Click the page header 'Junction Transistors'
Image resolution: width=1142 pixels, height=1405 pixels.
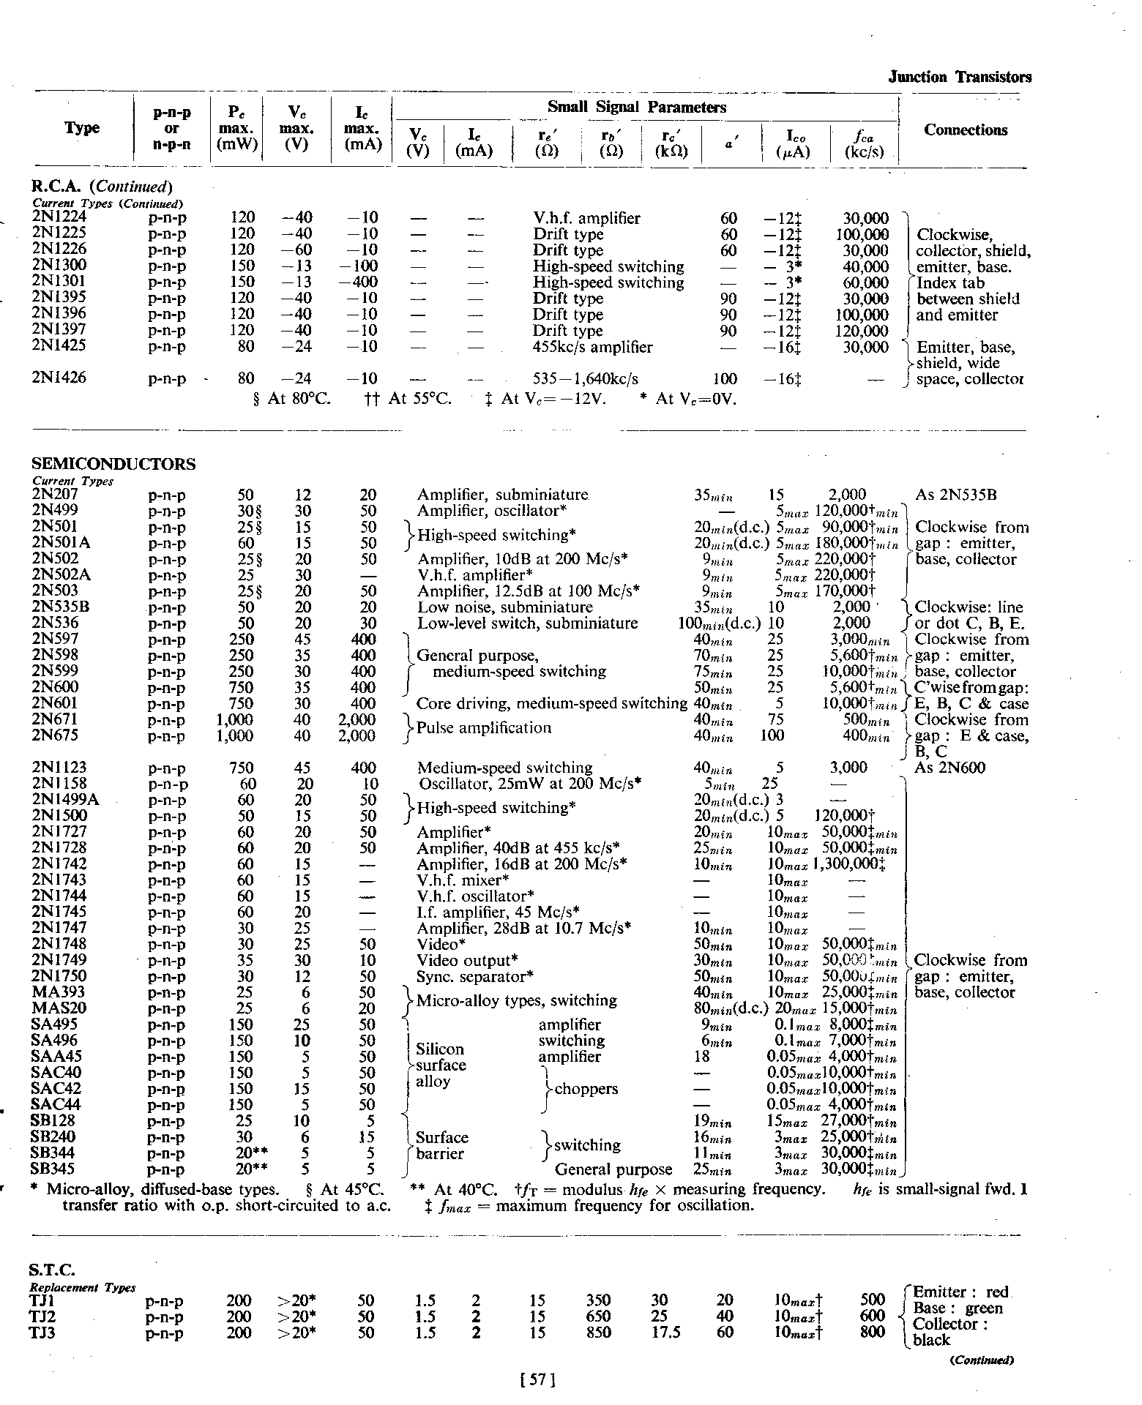[959, 77]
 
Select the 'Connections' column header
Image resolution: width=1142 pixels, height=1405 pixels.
[965, 130]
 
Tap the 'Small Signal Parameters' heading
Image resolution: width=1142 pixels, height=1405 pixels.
[637, 108]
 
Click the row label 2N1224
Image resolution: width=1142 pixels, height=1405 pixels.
[59, 217]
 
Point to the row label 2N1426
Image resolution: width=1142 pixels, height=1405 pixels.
[59, 378]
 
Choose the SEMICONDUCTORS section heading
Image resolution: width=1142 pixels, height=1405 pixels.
[113, 464]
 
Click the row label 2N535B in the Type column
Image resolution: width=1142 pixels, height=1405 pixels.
[63, 607]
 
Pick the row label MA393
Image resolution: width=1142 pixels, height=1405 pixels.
[58, 992]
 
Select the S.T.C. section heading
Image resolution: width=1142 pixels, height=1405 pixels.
[53, 1270]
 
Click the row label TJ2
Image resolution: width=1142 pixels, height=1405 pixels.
[43, 1316]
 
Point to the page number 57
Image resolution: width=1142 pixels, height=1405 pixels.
[537, 1380]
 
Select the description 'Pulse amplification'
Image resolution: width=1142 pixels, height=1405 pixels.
[483, 727]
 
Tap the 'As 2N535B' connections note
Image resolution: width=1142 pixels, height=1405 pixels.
[955, 495]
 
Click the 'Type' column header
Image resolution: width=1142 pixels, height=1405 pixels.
[81, 128]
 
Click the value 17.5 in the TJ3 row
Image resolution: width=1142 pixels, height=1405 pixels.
[665, 1333]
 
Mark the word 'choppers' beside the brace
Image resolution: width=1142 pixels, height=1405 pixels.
[586, 1088]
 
